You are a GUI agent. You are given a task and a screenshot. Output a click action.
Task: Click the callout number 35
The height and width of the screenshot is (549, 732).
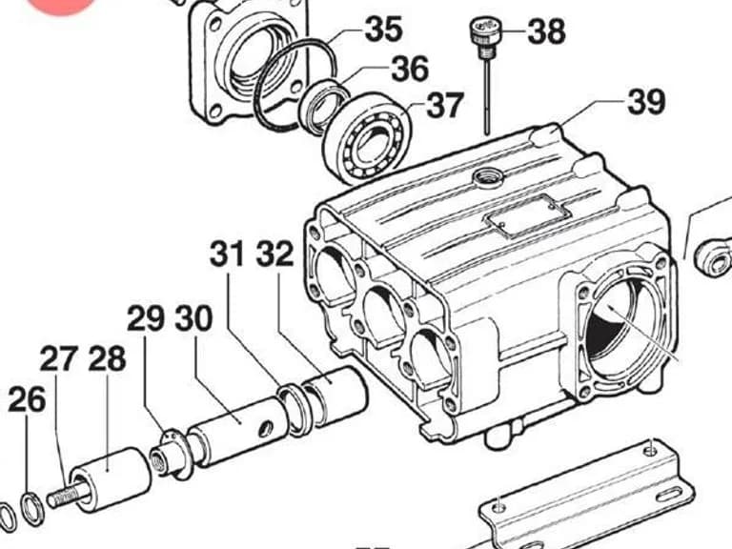tap(383, 29)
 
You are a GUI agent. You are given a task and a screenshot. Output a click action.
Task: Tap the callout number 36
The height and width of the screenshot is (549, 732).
tap(410, 69)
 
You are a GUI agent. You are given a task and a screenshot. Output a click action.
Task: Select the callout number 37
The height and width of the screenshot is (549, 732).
tap(445, 105)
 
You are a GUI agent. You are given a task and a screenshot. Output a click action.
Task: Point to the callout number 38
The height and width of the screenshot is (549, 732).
tap(547, 31)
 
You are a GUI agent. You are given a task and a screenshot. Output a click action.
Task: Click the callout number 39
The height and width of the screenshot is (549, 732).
tap(646, 101)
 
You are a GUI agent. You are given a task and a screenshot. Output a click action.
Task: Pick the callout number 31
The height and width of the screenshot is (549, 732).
tap(227, 254)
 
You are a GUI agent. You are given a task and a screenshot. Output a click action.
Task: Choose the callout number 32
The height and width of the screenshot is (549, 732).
tap(274, 254)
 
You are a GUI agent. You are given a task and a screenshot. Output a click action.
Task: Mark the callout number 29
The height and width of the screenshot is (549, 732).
tap(146, 318)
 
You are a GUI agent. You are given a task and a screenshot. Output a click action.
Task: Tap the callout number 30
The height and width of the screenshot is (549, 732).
tap(193, 318)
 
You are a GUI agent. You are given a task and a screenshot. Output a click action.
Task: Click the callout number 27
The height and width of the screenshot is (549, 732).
tap(58, 358)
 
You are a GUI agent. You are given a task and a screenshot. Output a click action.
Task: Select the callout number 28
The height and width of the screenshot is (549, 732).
tap(107, 358)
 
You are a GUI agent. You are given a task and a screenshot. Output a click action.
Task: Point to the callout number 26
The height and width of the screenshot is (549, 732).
tap(27, 399)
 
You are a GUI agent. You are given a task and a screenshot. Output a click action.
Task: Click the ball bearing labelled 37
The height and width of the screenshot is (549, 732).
tap(367, 137)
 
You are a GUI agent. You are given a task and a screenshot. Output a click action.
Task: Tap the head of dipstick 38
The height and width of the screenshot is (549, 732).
tap(484, 30)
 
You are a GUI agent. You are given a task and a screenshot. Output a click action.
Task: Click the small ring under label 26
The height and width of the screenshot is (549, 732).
tap(32, 508)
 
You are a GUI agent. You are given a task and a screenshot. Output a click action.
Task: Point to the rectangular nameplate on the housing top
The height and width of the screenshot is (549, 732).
tap(528, 216)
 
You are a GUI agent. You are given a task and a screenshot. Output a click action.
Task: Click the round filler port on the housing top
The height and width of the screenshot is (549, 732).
tap(488, 177)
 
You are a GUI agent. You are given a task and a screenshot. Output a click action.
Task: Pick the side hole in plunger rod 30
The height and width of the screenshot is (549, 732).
tap(267, 429)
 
